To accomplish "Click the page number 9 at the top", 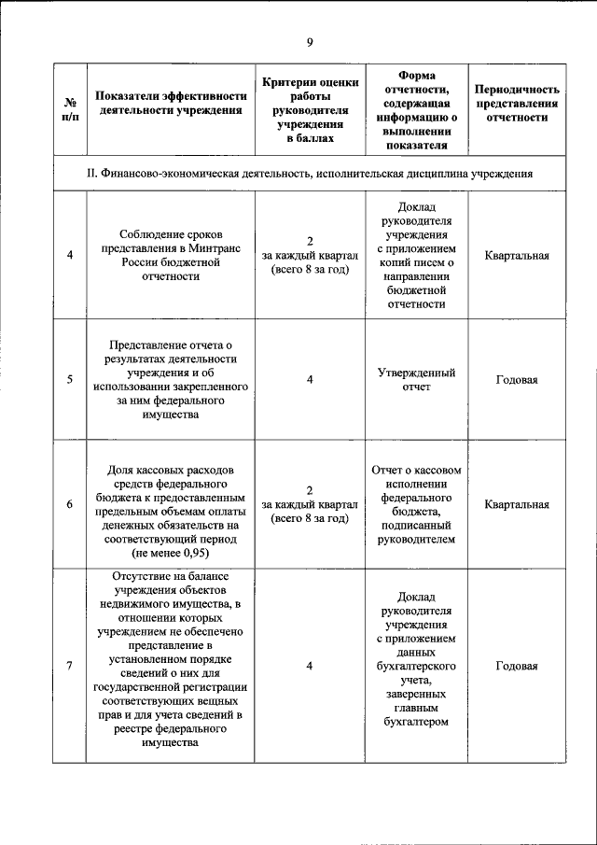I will point(309,41).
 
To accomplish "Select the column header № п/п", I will point(70,109).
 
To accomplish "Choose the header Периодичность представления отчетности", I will point(516,104).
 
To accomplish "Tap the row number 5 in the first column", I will point(70,379).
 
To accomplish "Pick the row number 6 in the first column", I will point(70,505).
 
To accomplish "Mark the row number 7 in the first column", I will point(70,665).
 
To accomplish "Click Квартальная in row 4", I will point(516,256).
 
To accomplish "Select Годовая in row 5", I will point(516,379).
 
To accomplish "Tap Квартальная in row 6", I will point(516,505).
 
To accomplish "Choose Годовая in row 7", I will point(516,665).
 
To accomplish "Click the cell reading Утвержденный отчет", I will point(415,379).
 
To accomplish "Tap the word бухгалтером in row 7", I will point(415,721).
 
